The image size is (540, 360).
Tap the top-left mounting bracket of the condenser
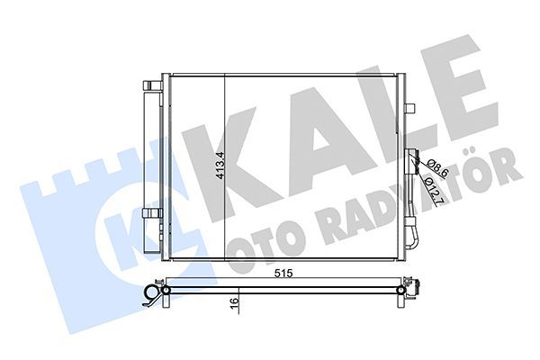pyautogui.click(x=151, y=83)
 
